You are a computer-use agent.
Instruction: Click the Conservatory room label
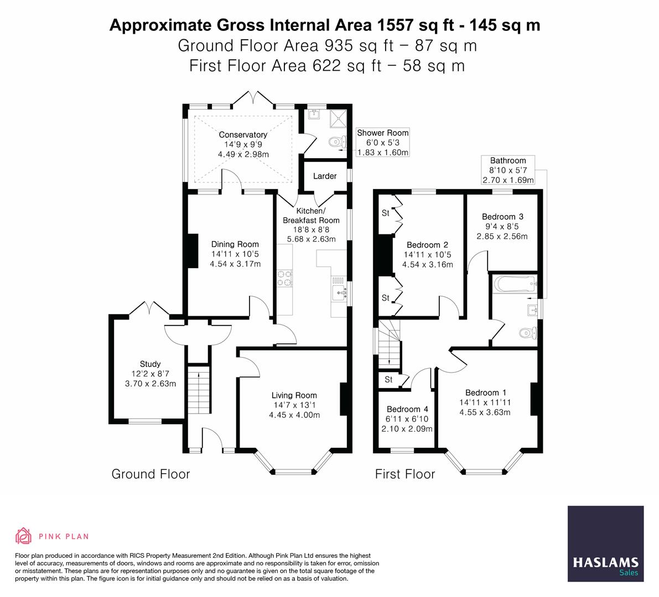click(243, 135)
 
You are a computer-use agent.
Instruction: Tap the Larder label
click(325, 176)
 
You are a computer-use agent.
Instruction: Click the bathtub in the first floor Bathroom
click(513, 285)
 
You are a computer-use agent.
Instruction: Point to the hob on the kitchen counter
click(285, 278)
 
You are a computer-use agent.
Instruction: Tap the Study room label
click(150, 364)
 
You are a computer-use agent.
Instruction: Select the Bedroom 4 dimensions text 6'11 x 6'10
click(407, 419)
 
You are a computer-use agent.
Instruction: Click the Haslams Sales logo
click(606, 544)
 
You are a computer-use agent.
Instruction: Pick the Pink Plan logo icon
click(24, 536)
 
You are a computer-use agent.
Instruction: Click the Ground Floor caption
click(151, 474)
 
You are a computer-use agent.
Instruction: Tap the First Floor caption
click(405, 474)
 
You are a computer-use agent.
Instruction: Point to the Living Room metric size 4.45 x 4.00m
click(294, 415)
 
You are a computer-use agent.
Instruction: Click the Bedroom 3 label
click(502, 217)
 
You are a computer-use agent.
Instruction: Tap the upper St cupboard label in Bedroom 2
click(386, 213)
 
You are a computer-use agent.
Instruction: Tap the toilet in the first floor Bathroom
click(527, 333)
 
